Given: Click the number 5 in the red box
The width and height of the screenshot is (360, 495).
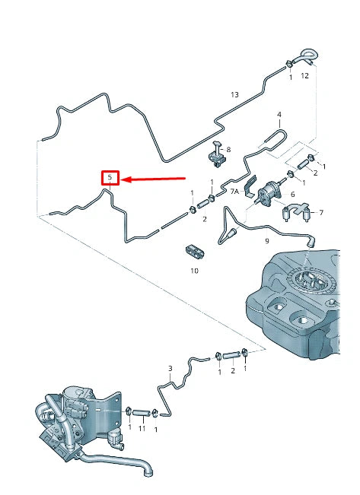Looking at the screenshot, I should coord(111,179).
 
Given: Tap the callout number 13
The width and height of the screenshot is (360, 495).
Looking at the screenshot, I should coord(234,94).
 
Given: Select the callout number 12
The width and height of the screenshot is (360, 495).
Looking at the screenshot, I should coord(304,75).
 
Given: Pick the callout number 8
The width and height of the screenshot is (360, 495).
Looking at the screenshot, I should coord(228,150).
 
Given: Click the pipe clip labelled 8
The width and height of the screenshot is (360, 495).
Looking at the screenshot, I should coord(218,158).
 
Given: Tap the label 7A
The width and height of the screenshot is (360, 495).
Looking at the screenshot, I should coord(234,193).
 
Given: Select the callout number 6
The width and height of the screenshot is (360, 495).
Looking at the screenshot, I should coord(292,195).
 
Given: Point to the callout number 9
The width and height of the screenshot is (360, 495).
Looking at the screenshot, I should coord(266,241).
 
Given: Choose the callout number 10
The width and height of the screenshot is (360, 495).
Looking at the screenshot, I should coord(194,270).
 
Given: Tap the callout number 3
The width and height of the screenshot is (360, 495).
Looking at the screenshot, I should coord(170,368).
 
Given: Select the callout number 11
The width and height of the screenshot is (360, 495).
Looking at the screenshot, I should coord(142,429).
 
